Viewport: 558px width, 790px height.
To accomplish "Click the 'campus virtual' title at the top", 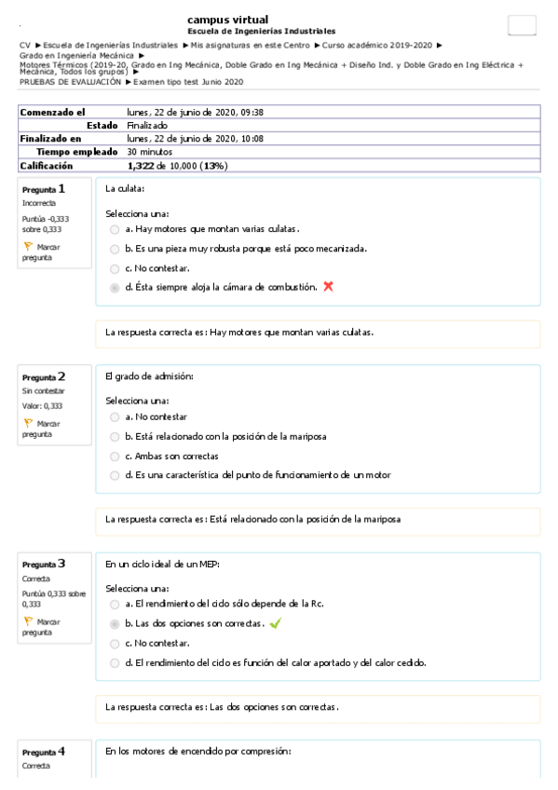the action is pos(227,20).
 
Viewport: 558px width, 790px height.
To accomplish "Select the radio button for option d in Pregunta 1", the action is pos(115,288).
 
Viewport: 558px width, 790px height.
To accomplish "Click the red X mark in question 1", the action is pos(328,287).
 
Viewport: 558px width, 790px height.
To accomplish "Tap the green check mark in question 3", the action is pos(275,623).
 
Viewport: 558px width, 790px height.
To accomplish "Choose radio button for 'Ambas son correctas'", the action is pos(115,456).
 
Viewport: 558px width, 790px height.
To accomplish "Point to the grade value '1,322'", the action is pos(141,166).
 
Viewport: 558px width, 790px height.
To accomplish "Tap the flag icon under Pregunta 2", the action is pos(28,423).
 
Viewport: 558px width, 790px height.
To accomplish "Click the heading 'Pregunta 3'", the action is pos(44,564).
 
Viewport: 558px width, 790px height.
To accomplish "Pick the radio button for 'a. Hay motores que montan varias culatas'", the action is pos(115,229).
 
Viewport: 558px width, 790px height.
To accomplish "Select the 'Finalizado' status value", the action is pos(147,125).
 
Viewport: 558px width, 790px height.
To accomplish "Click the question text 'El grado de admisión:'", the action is pos(149,376).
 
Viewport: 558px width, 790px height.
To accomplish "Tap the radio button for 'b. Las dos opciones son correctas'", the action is pos(115,623).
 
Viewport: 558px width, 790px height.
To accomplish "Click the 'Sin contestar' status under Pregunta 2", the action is pos(43,391).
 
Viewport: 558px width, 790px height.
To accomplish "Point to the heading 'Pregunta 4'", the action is pos(44,751).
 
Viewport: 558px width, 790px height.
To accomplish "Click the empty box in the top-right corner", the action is pos(522,26).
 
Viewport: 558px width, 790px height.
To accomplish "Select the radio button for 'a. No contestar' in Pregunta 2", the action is pos(115,417).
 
